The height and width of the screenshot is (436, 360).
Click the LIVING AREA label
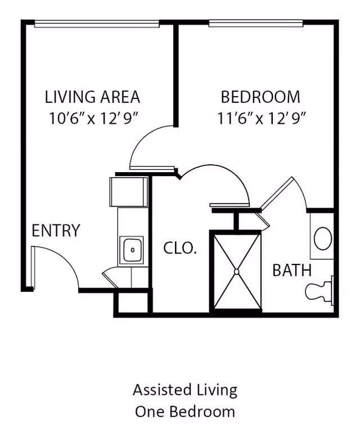92,97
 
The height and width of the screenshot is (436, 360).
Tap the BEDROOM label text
260,97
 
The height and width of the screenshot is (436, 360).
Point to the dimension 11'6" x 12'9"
262,118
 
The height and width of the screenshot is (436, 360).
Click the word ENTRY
56,231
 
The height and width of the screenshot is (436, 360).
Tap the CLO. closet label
180,248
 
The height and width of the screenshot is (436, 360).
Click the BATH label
292,270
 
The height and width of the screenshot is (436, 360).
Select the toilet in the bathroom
319,289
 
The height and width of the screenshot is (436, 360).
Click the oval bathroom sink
322,239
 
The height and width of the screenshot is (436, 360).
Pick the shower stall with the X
236,271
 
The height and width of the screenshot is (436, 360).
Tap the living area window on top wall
97,24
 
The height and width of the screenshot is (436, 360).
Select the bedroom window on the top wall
256,24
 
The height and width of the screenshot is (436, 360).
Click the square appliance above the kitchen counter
129,192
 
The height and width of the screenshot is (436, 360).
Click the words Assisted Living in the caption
184,389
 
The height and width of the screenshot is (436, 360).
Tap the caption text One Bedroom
184,411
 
